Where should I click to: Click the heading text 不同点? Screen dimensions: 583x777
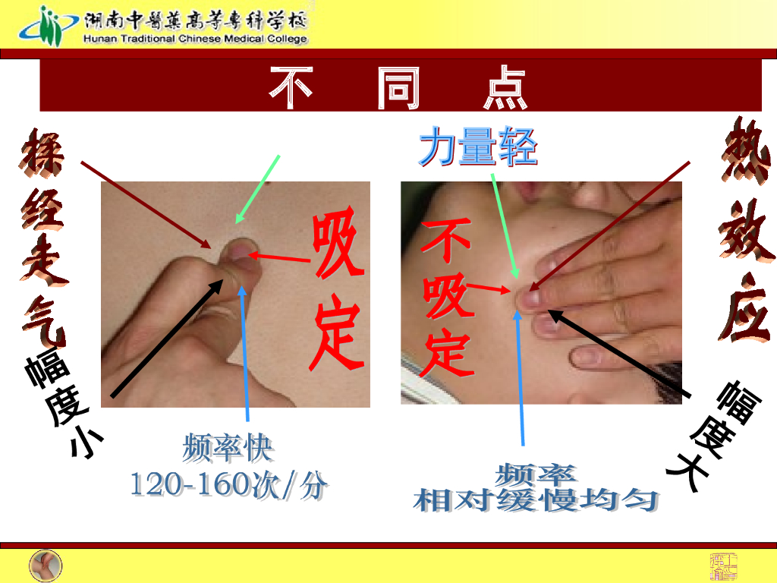point(398,88)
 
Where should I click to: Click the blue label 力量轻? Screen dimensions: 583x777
point(478,147)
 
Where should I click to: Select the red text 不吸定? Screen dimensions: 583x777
point(448,300)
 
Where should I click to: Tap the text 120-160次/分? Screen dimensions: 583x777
point(229,484)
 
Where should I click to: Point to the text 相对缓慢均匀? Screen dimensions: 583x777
point(536,500)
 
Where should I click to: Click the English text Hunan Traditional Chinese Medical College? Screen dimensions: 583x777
point(196,39)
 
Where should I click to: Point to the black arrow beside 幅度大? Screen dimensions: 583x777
point(618,353)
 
